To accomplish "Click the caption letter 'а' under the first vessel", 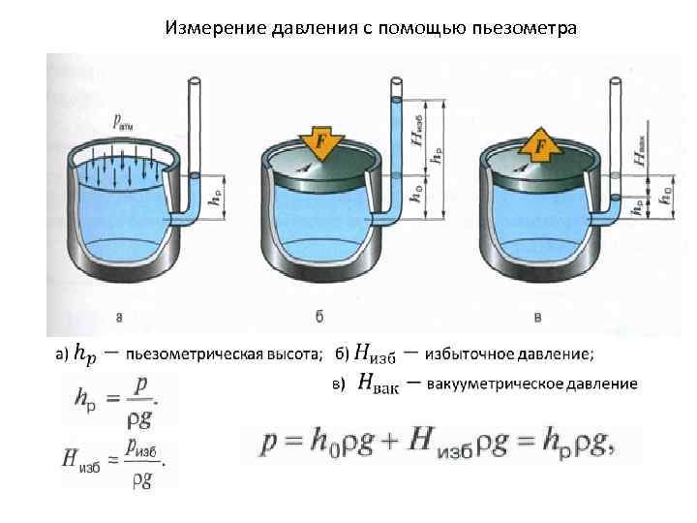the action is click(x=119, y=316).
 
